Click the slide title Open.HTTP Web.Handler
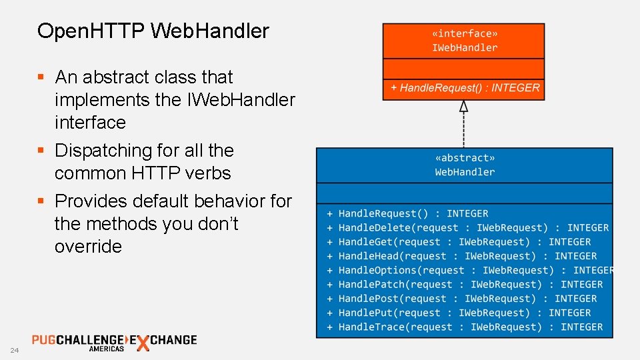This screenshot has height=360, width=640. coord(153,31)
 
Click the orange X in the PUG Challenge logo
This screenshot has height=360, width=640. coord(142,344)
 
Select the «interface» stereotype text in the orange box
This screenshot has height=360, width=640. coord(465,33)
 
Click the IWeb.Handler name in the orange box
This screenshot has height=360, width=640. coord(465,48)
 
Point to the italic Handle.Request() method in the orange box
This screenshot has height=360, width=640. coord(465,88)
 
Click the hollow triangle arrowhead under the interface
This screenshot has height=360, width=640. coord(464,105)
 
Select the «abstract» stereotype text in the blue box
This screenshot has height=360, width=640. coord(465,158)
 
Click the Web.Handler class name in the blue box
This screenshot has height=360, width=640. coord(465,172)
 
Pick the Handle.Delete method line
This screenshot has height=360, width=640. coord(467,228)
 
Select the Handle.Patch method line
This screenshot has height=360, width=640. coord(464,285)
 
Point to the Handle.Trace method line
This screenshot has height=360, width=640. coord(464,327)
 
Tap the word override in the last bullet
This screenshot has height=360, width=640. coord(88,247)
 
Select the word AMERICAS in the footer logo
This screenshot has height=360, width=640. coord(107,349)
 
